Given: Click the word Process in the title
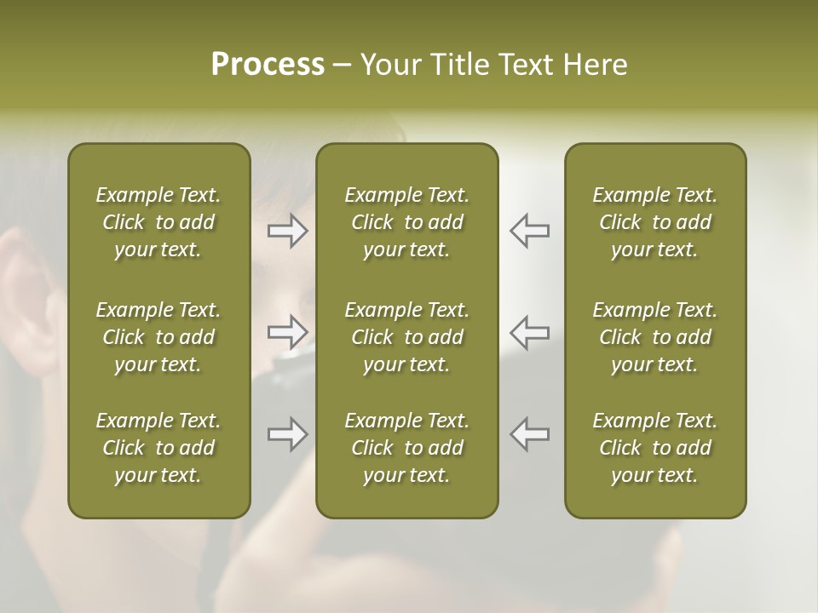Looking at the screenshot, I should point(268,65).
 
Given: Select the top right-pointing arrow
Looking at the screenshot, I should point(288,231).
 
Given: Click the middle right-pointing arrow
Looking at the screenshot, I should point(288,332).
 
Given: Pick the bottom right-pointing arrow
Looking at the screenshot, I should point(288,434).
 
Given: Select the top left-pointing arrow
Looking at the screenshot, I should point(529,231).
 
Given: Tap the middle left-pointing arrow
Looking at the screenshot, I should point(529,332).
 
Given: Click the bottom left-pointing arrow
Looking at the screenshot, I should point(529,434).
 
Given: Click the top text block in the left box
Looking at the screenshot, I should point(158,222).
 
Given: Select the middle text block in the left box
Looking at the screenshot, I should point(158,337).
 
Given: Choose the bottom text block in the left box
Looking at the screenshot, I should point(158,448).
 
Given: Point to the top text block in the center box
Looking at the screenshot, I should point(406,222).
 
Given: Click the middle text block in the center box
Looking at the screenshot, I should point(406,337).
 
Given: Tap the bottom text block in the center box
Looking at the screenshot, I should point(406,448).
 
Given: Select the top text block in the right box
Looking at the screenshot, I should point(654,222).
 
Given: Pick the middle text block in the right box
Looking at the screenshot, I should point(654,337).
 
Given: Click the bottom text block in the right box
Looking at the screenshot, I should point(654,448).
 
